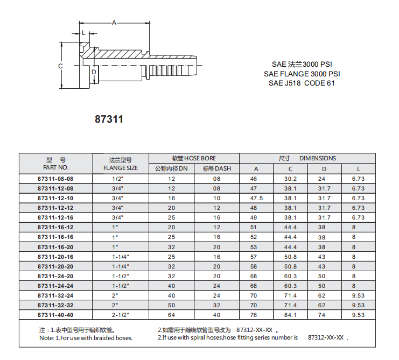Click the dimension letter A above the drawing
114,23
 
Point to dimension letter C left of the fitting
60,66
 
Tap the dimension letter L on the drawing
83,33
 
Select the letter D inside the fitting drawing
94,72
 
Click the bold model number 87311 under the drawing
109,119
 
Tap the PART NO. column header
55,168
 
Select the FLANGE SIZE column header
120,168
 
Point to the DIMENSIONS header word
318,158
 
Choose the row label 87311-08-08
55,179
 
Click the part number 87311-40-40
55,314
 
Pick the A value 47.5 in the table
256,198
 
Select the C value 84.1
290,314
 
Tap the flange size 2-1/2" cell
120,314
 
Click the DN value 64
172,314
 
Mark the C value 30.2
290,179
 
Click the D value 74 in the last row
322,314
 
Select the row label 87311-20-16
55,256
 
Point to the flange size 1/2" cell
118,179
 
